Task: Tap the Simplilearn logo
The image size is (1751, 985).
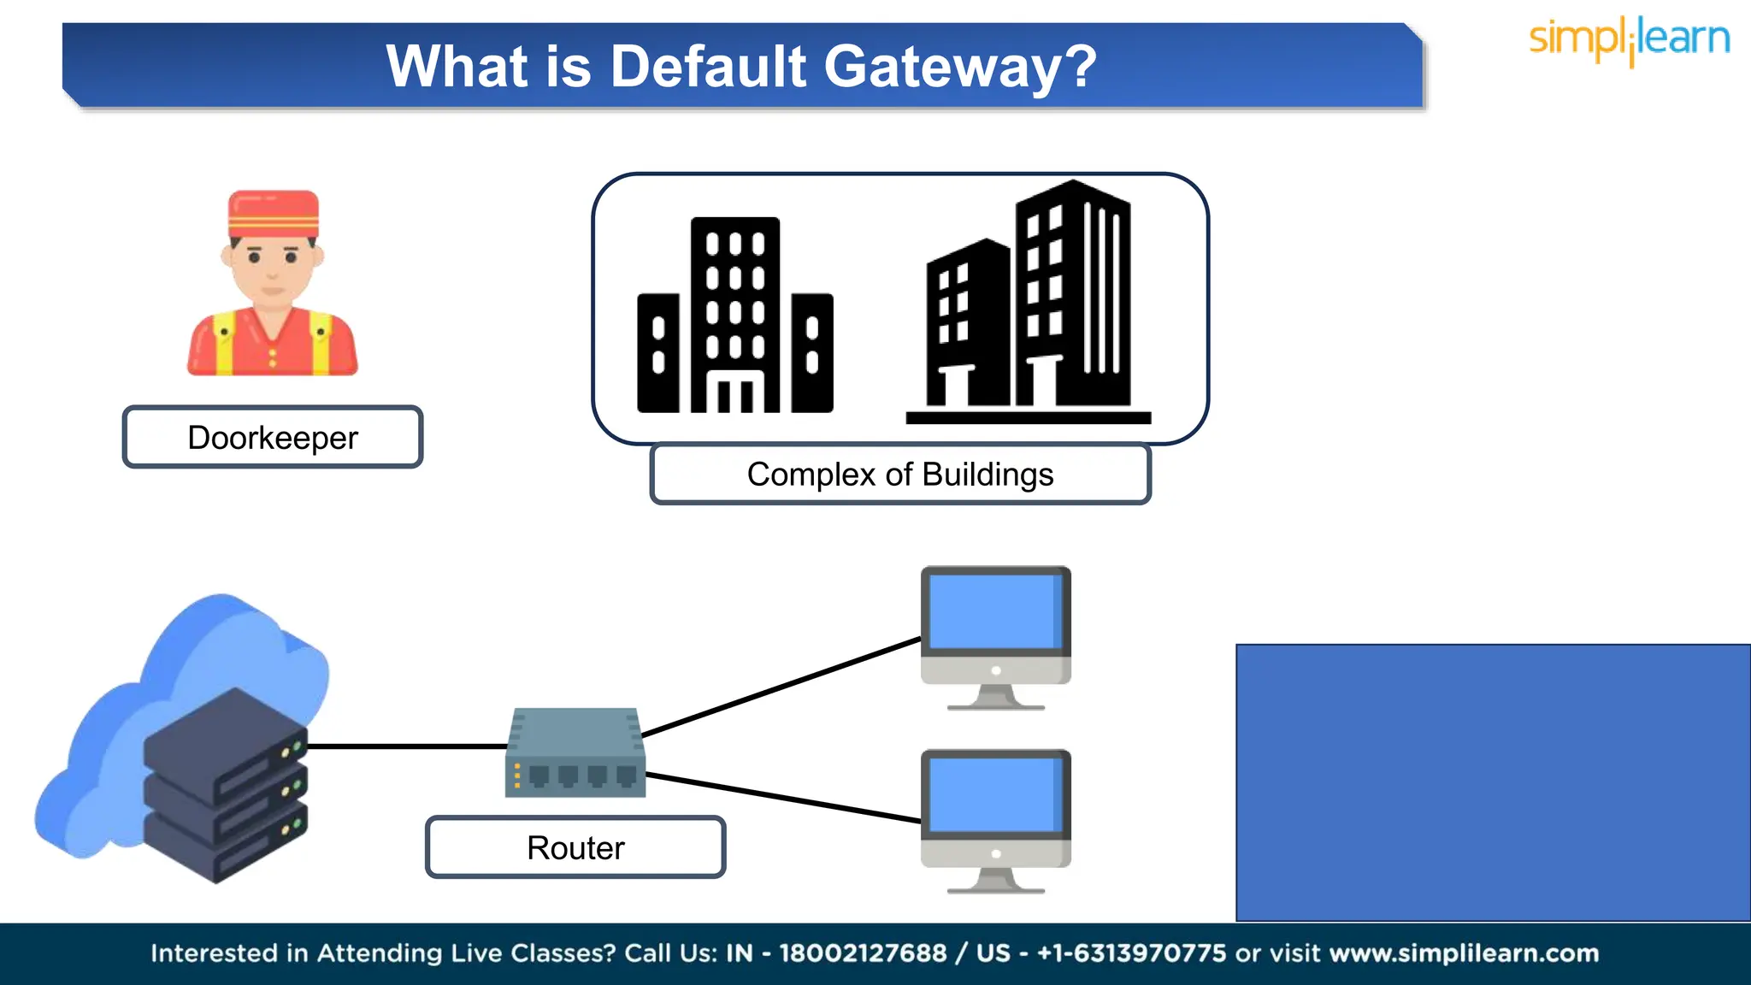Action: [1629, 40]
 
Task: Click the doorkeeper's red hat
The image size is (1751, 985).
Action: [273, 214]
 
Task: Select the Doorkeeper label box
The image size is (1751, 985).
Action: [273, 438]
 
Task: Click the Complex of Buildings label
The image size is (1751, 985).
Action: [900, 475]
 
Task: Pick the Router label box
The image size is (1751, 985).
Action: [575, 848]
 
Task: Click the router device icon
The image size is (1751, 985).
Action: [575, 752]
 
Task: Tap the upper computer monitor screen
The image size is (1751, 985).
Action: [995, 612]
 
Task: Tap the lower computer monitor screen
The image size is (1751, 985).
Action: [995, 795]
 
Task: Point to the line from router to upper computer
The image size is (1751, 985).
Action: [780, 687]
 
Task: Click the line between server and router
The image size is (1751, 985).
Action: [407, 746]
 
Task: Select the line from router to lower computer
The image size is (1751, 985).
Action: [782, 798]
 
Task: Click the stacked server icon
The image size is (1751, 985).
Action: [224, 787]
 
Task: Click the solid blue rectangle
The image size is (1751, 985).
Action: [1493, 782]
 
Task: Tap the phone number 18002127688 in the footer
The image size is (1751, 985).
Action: [863, 953]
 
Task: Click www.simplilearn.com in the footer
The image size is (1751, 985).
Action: [1464, 953]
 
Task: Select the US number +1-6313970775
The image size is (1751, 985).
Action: [1131, 953]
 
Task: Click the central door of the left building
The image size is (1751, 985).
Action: [735, 393]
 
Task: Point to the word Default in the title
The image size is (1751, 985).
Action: [708, 67]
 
